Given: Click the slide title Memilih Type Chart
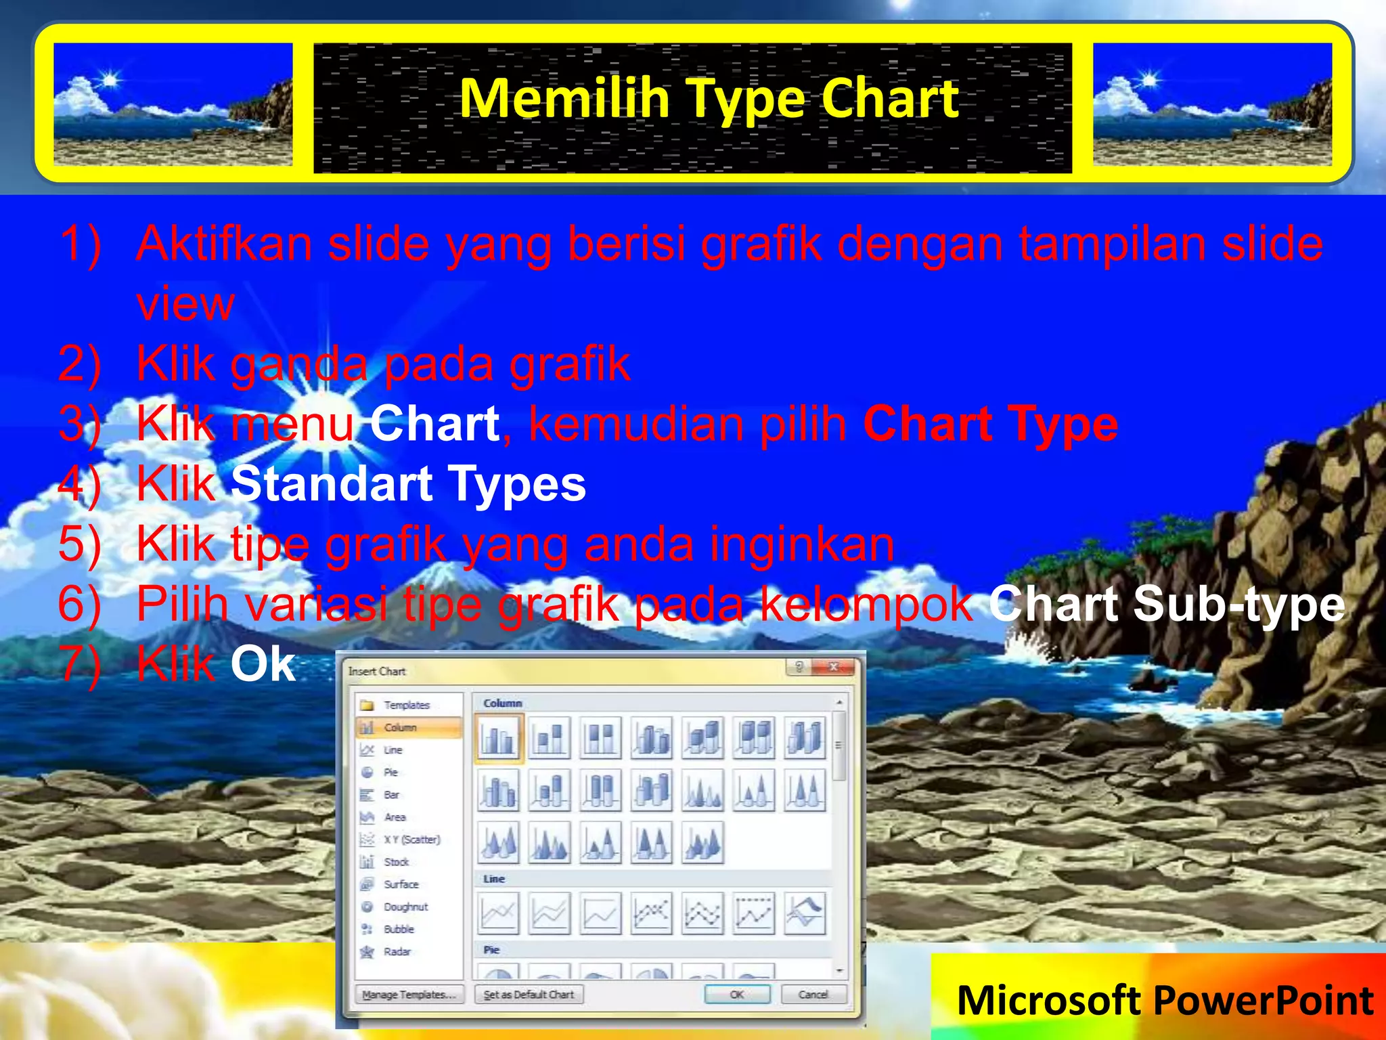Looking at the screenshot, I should coord(709,99).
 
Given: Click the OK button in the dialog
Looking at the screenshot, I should coord(737,994).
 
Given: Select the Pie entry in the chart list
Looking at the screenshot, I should coord(390,772).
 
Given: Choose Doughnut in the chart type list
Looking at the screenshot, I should coord(405,907).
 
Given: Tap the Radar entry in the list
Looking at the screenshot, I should coord(397,951).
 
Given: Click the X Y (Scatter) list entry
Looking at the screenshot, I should coord(411,840).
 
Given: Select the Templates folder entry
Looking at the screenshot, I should coord(406,705).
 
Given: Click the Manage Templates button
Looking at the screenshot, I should coord(409,994).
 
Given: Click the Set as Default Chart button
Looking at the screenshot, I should coord(529,994).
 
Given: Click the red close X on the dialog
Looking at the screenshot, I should coord(833,667).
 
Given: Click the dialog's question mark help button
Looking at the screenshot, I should coord(799,667).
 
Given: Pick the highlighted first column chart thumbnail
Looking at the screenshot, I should coord(499,738).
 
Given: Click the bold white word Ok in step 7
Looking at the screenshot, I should coord(263,664).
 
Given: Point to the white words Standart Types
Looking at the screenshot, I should coord(408,484).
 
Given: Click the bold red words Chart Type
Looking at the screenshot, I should coord(990,425).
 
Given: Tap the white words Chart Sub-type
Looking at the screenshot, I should coord(1166,604).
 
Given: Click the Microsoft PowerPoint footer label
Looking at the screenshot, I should coord(1165,1000).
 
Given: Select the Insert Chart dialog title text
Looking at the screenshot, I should coord(377,671).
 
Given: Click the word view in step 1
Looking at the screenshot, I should coord(185,304).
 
